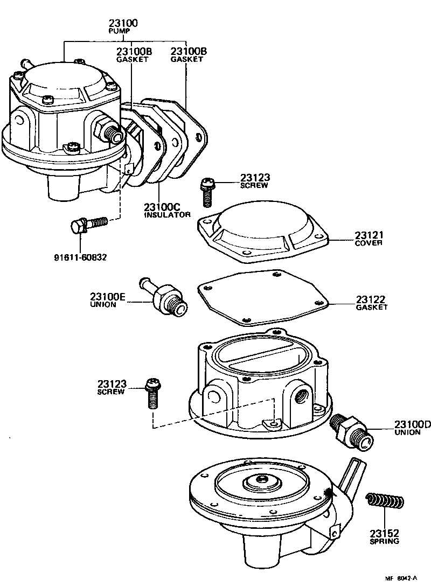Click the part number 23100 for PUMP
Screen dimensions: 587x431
(123, 23)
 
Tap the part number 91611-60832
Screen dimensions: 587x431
(80, 257)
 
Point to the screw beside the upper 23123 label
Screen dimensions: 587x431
(207, 192)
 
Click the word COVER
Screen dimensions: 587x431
(369, 243)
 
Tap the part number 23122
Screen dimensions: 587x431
(371, 299)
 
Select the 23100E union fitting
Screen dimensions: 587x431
(164, 298)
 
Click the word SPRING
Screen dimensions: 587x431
(384, 541)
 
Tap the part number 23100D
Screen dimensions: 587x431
(413, 424)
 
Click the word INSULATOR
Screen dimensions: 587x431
(167, 214)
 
